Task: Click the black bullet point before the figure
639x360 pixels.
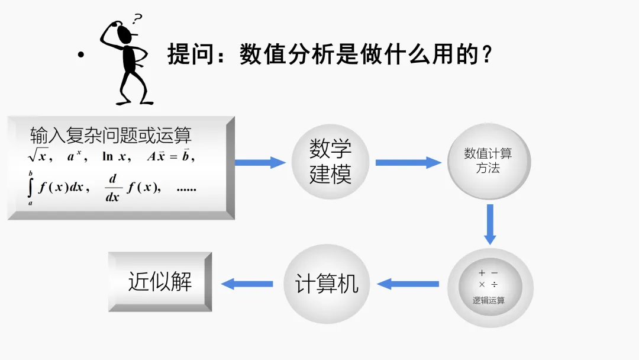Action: (x=81, y=56)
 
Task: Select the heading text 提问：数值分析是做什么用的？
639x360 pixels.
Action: (x=330, y=55)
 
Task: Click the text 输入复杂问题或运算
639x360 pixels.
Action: (x=111, y=136)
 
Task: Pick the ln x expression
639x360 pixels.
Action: (x=115, y=157)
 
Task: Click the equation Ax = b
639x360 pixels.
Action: (x=170, y=157)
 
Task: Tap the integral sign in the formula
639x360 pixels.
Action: (x=30, y=188)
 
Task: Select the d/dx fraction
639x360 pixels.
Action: (x=113, y=188)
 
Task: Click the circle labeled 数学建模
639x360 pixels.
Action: (x=330, y=162)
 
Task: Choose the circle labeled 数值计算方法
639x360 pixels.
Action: (x=488, y=161)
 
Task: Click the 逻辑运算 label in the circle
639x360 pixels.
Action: (x=489, y=300)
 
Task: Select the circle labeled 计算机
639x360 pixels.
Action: (x=327, y=284)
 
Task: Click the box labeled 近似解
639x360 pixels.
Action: (x=160, y=282)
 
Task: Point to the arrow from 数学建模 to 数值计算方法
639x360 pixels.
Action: (x=408, y=162)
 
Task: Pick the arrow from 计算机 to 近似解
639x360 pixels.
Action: (x=247, y=284)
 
